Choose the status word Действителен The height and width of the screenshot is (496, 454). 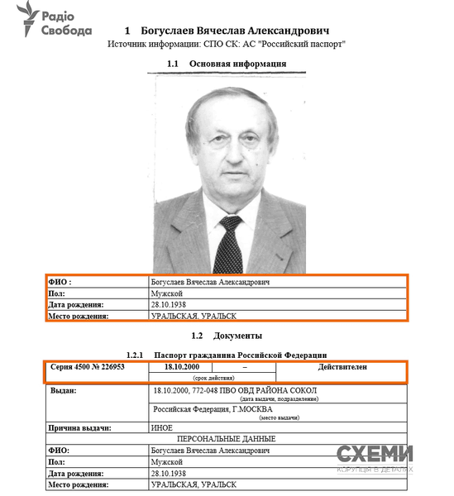[342, 366]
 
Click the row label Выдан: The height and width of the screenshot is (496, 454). [63, 389]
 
